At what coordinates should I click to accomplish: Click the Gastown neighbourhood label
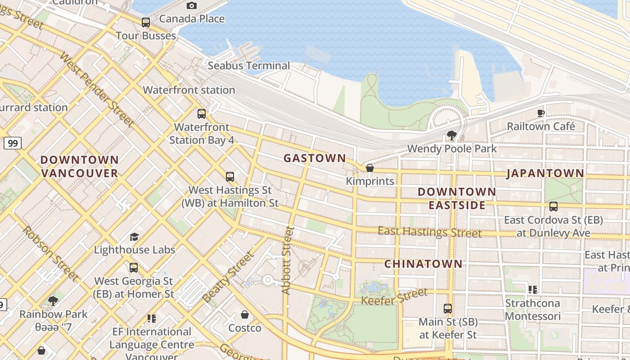[x=315, y=158]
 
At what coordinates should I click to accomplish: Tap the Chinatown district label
[x=423, y=264]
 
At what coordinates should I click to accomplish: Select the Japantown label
[x=545, y=173]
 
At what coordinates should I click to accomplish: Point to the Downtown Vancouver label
[x=79, y=166]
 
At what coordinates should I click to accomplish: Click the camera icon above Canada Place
[x=192, y=5]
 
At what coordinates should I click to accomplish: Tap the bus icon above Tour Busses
[x=146, y=22]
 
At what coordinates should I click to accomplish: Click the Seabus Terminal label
[x=249, y=66]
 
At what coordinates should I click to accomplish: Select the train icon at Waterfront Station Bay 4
[x=202, y=113]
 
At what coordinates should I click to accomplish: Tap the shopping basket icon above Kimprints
[x=370, y=168]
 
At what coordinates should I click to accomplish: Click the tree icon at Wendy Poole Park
[x=452, y=135]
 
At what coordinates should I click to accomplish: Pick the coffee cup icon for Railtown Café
[x=541, y=113]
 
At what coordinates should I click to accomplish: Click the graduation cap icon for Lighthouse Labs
[x=134, y=237]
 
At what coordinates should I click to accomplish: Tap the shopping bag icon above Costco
[x=245, y=314]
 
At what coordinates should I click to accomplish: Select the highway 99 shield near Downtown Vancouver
[x=13, y=144]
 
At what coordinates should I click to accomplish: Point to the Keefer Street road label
[x=395, y=297]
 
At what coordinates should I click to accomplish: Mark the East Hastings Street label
[x=429, y=232]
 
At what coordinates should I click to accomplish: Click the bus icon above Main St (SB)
[x=448, y=309]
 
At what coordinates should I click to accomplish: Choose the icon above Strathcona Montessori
[x=533, y=289]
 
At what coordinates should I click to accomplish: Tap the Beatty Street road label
[x=228, y=277]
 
